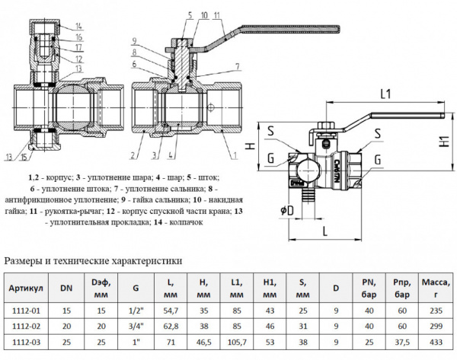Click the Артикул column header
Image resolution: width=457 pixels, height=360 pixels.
(27, 289)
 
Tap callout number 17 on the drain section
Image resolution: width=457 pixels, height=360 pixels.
(78, 48)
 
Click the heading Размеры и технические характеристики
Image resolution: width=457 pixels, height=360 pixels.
(94, 261)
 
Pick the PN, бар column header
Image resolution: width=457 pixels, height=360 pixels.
(368, 289)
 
